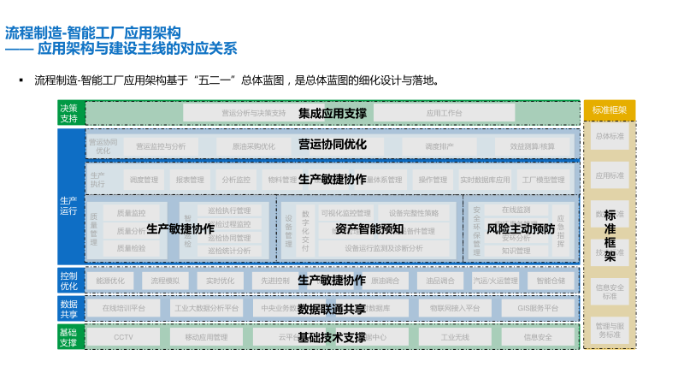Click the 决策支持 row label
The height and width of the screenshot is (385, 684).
[68, 113]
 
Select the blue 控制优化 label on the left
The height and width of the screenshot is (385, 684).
[68, 281]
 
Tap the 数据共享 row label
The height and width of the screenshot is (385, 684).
[68, 309]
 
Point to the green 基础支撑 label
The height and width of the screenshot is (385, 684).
[68, 337]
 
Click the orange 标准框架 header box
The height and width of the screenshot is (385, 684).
[610, 110]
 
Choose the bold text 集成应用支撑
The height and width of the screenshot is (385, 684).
[333, 113]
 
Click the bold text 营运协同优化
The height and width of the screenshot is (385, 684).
[333, 145]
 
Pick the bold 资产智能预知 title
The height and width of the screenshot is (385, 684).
[369, 228]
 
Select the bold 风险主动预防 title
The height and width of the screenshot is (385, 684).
[521, 228]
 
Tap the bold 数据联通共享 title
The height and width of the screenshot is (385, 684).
[332, 309]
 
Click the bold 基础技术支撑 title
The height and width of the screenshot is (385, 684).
[332, 337]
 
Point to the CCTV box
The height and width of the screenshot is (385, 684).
[123, 337]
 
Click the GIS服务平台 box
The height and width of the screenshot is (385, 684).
[538, 309]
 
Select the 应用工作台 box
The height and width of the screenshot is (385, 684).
[444, 113]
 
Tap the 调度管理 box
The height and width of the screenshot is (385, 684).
[144, 181]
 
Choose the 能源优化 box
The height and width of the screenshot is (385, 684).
[110, 281]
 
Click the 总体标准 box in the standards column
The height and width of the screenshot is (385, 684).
[610, 137]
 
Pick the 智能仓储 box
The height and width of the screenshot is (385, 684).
[551, 281]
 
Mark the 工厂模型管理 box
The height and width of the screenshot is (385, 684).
[543, 181]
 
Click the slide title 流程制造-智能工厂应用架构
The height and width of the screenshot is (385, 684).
[93, 33]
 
